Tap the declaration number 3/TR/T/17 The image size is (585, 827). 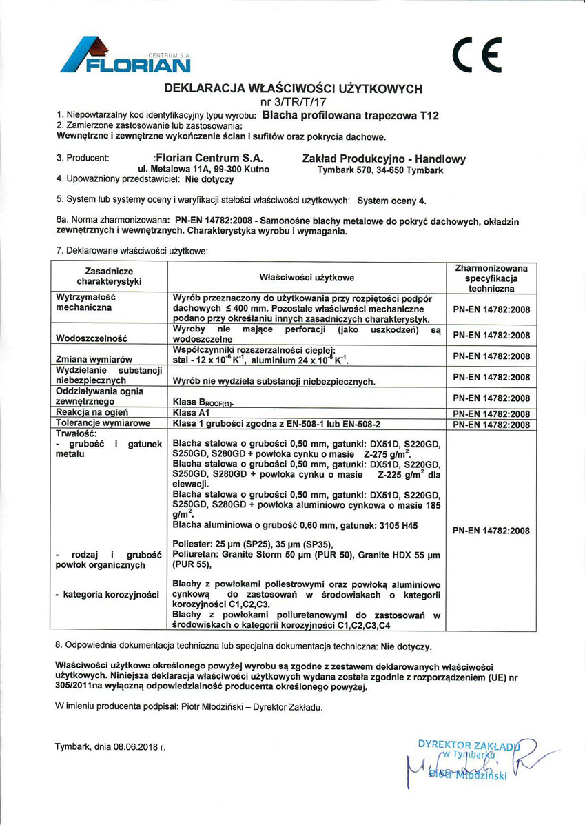(x=292, y=101)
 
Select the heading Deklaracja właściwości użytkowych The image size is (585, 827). (x=293, y=89)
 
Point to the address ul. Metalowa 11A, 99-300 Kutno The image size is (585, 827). (x=204, y=169)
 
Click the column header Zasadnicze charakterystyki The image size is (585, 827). (x=109, y=277)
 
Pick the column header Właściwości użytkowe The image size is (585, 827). (x=307, y=278)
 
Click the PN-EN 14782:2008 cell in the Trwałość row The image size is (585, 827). (x=491, y=531)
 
